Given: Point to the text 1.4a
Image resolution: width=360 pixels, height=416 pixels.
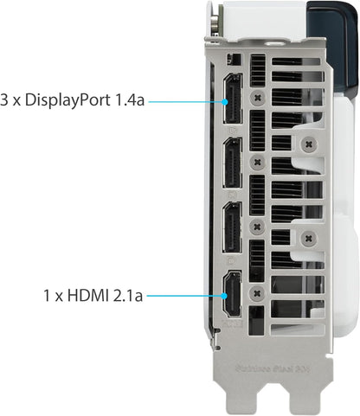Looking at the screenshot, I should point(128,100).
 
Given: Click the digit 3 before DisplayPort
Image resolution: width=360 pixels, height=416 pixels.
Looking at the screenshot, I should point(7,100).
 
